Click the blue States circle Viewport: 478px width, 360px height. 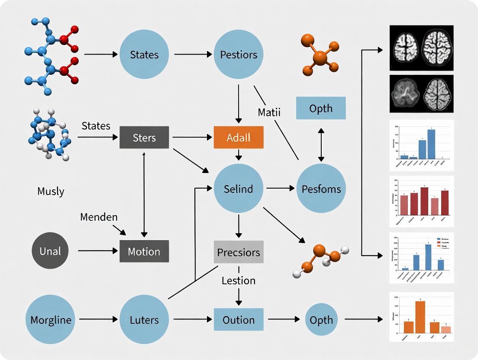(144, 55)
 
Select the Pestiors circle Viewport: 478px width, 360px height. (239, 55)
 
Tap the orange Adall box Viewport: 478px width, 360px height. (239, 138)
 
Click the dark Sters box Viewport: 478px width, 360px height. (144, 138)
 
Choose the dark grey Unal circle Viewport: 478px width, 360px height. (50, 251)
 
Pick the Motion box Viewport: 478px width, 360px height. (144, 251)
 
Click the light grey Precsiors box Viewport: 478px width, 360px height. (239, 252)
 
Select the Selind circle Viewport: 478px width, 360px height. (239, 189)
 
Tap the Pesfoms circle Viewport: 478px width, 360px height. (321, 189)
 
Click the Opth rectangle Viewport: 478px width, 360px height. (321, 108)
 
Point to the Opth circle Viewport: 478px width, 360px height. (321, 320)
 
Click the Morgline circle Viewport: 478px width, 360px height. (50, 320)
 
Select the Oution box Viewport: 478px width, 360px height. (239, 320)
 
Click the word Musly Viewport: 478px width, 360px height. (51, 191)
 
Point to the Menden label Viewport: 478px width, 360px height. (99, 217)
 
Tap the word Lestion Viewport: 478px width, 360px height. (239, 280)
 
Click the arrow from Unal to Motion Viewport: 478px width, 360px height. (98, 251)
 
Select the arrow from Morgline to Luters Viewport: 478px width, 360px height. (98, 319)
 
